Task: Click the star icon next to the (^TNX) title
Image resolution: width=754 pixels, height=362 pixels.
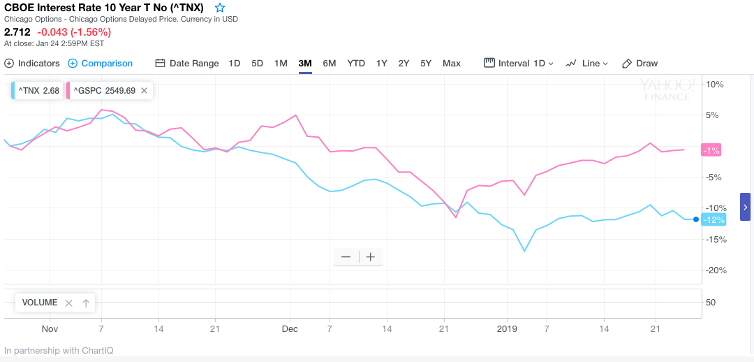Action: coord(220,8)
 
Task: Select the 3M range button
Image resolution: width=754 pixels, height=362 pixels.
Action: coord(305,63)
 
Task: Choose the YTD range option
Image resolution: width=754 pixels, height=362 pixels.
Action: coord(356,63)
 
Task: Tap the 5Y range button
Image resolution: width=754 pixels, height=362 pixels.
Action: coord(426,63)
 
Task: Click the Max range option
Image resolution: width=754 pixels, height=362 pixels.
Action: coord(452,63)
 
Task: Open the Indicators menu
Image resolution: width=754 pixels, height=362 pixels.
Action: coord(32,63)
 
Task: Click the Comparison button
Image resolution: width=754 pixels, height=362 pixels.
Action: coord(100,63)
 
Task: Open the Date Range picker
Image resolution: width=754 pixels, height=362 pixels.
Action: coord(187,63)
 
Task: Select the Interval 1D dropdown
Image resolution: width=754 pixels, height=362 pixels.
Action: coord(519,63)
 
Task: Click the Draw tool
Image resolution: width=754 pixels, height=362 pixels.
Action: coord(640,63)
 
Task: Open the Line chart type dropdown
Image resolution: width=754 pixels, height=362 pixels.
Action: coord(587,63)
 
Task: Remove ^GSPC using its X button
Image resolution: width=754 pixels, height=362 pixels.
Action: coord(144,90)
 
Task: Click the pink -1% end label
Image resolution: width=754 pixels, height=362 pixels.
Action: coord(711,150)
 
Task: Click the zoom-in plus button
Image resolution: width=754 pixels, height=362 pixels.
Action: coord(371,257)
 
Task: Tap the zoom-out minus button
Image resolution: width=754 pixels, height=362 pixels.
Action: coord(346,257)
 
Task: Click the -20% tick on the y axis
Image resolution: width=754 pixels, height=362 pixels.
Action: coord(716,270)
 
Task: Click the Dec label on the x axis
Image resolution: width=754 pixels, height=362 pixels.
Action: coord(290,328)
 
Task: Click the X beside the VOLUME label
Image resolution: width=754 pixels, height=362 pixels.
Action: coord(68,303)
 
